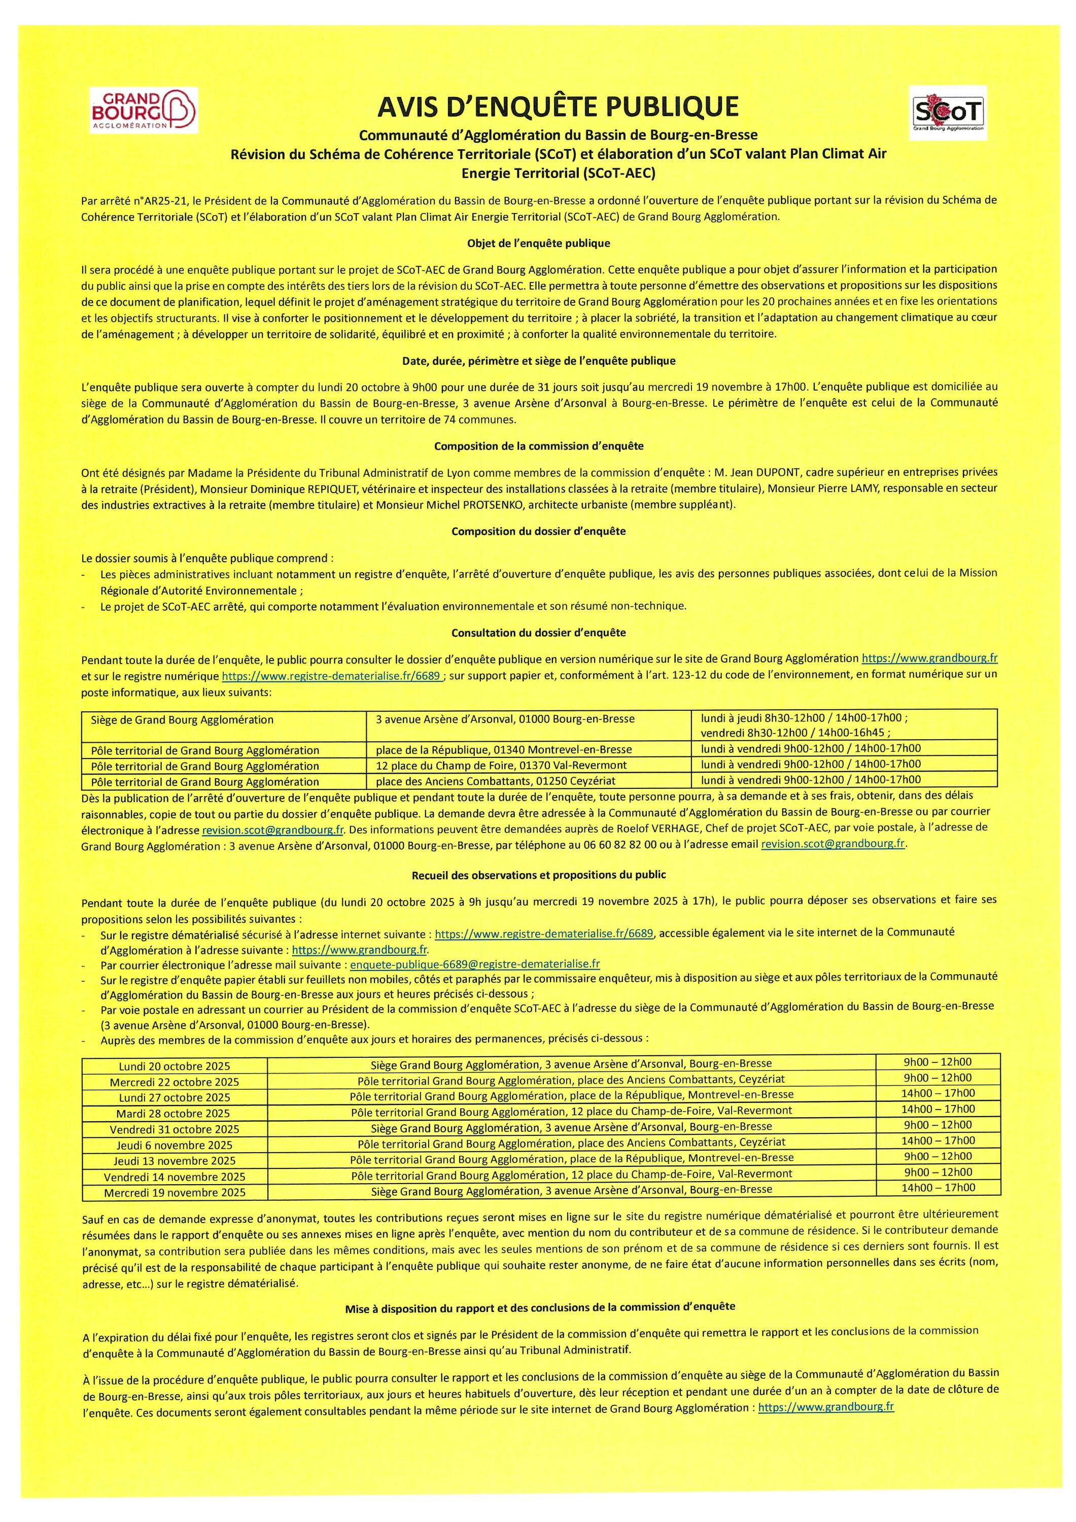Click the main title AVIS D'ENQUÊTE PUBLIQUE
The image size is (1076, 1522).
pos(558,106)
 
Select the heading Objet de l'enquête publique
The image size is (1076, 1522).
pos(538,244)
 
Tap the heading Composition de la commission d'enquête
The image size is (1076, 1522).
pos(538,446)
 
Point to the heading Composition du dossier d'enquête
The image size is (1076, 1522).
pos(538,531)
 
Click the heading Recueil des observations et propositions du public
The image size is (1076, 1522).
pos(538,874)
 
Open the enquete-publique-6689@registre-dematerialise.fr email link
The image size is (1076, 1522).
pos(475,964)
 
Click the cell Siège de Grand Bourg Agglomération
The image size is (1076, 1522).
pos(182,719)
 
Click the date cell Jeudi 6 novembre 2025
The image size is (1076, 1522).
pos(175,1145)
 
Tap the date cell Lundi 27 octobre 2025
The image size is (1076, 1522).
pos(175,1098)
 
